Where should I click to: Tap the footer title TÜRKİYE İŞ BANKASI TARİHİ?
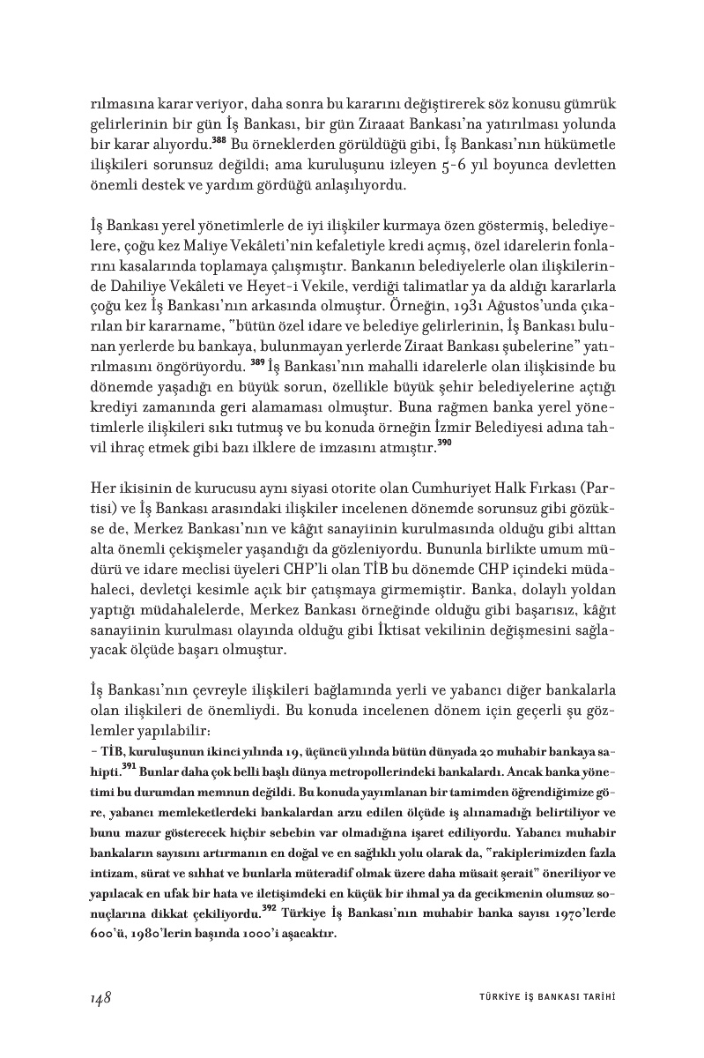pos(541,997)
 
